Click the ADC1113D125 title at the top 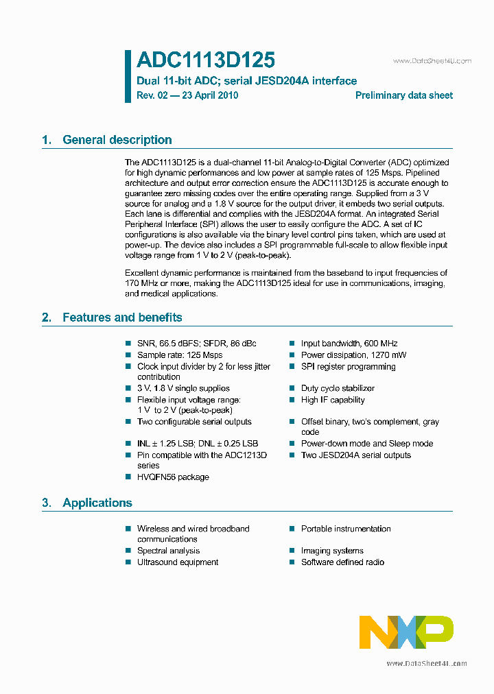[206, 60]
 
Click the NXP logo [406, 632]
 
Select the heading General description [117, 140]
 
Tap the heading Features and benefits [122, 318]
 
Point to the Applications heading [97, 503]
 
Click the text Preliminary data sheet [403, 95]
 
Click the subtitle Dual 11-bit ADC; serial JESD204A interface [247, 80]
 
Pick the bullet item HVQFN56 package [173, 477]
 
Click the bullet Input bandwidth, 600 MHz [349, 344]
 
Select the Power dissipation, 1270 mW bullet [353, 355]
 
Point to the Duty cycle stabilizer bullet [338, 388]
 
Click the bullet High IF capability [333, 400]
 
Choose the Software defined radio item [342, 562]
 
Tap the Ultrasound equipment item [178, 562]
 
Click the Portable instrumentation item [346, 529]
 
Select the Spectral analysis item [168, 551]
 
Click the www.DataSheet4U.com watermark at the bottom [426, 663]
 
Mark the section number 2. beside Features [47, 318]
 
